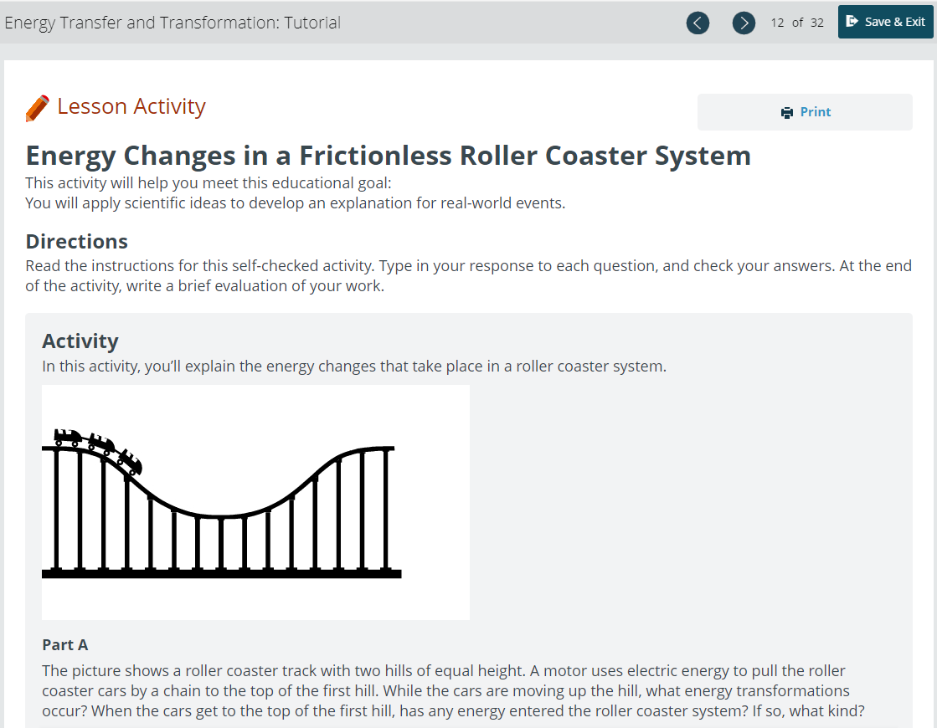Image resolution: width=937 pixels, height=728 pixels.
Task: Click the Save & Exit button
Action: click(x=886, y=22)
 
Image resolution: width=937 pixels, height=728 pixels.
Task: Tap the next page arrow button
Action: click(x=744, y=23)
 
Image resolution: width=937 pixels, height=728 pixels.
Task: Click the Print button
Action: click(x=805, y=112)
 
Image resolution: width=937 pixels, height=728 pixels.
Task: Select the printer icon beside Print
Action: click(x=787, y=113)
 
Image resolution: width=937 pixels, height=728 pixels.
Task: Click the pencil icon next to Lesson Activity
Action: click(x=37, y=108)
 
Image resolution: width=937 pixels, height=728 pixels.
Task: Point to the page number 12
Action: click(x=777, y=23)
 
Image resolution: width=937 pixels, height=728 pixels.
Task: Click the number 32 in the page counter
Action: click(x=817, y=23)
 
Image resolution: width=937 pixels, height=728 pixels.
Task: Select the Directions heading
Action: click(x=76, y=241)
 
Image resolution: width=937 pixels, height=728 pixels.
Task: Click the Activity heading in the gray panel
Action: click(x=80, y=341)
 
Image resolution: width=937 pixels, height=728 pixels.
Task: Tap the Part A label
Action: click(x=65, y=645)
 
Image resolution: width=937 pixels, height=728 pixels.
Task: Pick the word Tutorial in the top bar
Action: click(x=312, y=23)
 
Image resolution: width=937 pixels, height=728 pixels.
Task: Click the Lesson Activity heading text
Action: click(x=131, y=106)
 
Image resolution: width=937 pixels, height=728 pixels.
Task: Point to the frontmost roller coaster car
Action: click(x=129, y=462)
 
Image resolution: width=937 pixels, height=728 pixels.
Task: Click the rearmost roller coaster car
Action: click(x=67, y=437)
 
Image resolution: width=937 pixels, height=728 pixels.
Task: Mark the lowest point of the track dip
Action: click(x=220, y=515)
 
